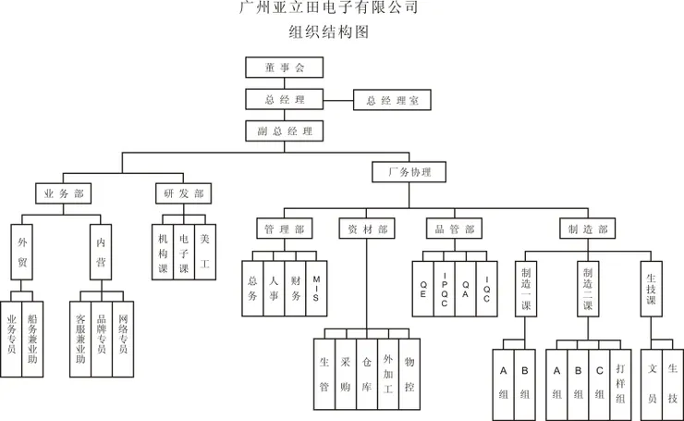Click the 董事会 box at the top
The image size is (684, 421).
284,68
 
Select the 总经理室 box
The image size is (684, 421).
392,100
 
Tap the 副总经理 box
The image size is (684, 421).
284,130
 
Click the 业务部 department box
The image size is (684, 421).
64,193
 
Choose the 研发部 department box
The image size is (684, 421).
183,193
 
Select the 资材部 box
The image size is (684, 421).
367,229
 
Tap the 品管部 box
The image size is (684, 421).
455,229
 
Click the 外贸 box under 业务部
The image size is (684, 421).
22,251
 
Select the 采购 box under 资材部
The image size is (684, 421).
346,375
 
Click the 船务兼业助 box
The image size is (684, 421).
33,338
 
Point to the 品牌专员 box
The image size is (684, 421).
102,338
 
